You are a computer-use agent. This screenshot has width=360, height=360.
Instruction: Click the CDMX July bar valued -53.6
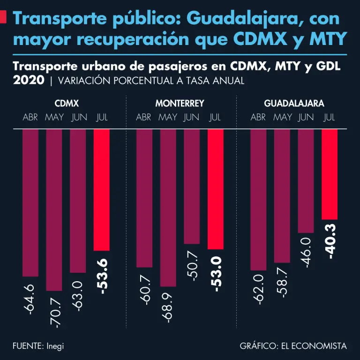tap(102, 190)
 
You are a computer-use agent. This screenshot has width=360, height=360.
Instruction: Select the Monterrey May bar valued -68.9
tap(168, 208)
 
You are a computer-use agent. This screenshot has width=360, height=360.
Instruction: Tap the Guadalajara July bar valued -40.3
tap(330, 174)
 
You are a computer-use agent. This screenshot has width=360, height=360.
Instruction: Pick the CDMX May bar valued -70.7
tap(54, 210)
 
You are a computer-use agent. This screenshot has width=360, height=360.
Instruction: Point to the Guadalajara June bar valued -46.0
tap(306, 181)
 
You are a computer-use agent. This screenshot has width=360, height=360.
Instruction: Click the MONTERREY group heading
tap(180, 104)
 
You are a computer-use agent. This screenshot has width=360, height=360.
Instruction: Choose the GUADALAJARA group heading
tap(294, 104)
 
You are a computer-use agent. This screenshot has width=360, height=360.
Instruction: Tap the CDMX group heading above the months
tap(66, 104)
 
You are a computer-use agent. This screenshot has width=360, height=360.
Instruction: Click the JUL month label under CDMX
tap(102, 117)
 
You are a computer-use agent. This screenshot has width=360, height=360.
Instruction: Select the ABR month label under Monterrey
tap(144, 117)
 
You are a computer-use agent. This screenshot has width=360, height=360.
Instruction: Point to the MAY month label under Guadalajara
tap(282, 117)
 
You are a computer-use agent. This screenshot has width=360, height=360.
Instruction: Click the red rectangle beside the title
tap(3, 17)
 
